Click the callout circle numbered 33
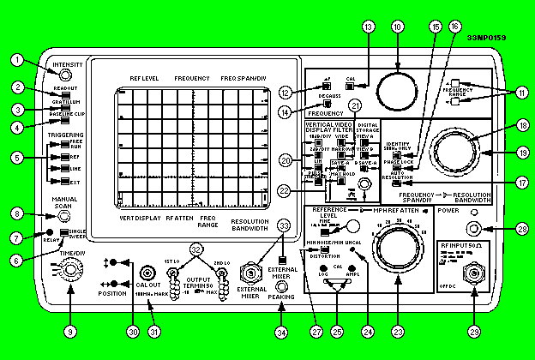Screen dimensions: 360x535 tap(284, 225)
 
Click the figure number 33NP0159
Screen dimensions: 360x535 tap(487, 39)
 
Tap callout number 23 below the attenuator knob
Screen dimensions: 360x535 tap(395, 328)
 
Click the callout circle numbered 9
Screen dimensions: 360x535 tap(69, 328)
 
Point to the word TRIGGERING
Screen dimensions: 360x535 tap(66, 135)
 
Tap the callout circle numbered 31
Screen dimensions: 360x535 tap(154, 328)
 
